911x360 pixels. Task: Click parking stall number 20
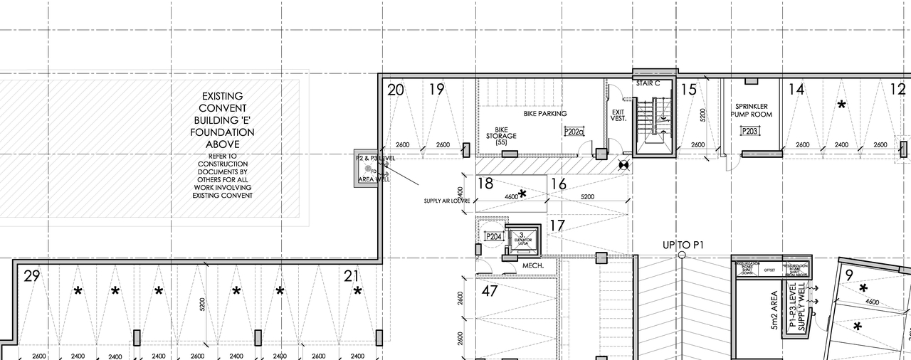click(396, 90)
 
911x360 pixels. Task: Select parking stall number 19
click(437, 90)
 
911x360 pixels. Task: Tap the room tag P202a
click(574, 132)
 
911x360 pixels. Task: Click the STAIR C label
click(648, 83)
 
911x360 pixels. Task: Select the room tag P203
click(749, 131)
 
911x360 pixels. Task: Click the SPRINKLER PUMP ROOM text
click(751, 110)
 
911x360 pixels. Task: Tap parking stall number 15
click(688, 90)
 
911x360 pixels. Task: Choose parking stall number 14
click(796, 90)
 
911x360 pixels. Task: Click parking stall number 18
click(485, 184)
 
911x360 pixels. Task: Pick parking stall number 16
click(558, 184)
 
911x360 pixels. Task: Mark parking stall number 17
click(557, 226)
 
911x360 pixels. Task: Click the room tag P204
click(493, 236)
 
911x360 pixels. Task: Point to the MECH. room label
click(533, 266)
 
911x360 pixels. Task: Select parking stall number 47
click(490, 290)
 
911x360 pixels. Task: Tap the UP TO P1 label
click(683, 245)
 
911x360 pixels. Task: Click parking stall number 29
click(31, 276)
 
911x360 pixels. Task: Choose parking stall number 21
click(352, 276)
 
